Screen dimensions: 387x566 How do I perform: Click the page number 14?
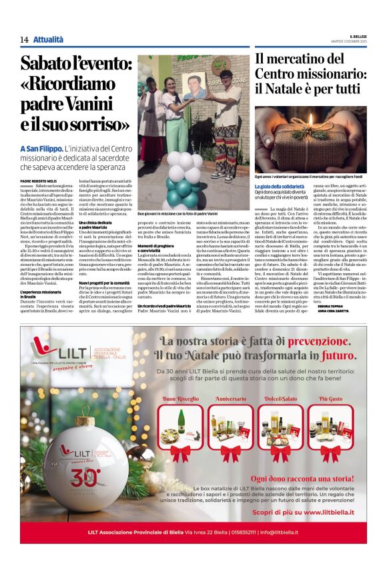pos(24,39)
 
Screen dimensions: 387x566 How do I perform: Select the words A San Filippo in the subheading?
pos(42,147)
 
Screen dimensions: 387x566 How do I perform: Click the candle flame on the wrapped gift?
pos(310,118)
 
